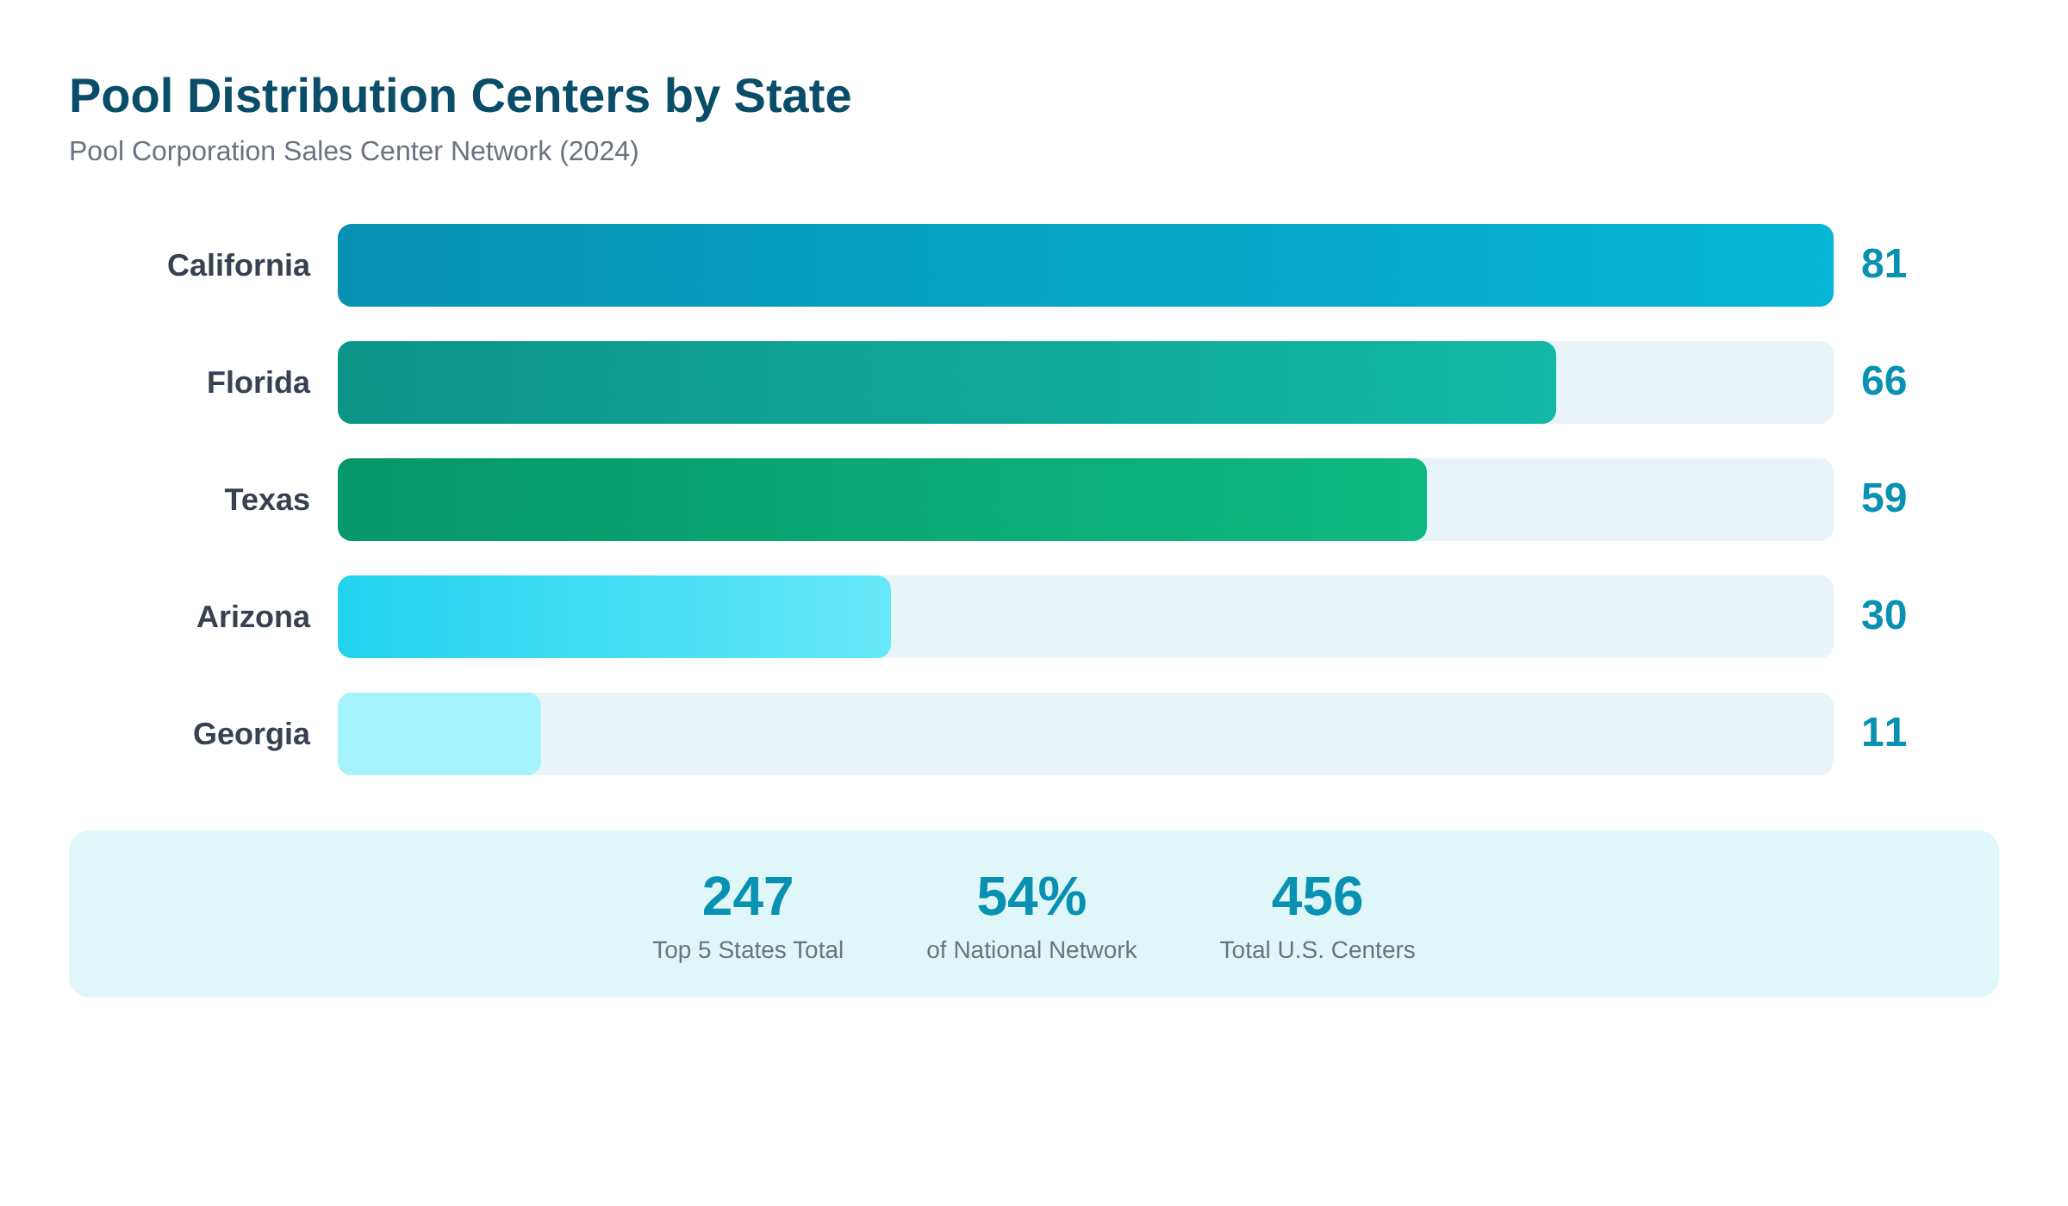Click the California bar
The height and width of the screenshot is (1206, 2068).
coord(1085,265)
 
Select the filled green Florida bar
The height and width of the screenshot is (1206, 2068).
coord(946,382)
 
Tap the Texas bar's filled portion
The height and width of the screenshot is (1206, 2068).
coord(881,500)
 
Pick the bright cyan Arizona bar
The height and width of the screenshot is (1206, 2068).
coord(614,617)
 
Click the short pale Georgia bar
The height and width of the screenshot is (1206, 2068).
coord(439,734)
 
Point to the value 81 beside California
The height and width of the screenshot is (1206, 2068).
coord(1884,264)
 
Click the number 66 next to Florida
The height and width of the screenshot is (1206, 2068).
coord(1884,382)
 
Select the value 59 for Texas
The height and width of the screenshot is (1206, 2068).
coord(1884,499)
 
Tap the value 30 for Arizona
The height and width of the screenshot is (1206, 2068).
coord(1884,616)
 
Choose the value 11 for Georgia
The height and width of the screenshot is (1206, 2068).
coord(1884,733)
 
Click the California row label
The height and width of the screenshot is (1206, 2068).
coord(239,265)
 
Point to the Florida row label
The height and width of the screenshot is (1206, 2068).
coord(258,382)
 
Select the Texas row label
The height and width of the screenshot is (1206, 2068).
coord(267,500)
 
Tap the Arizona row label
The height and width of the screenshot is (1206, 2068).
coord(253,617)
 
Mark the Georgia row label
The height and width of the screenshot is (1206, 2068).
coord(252,734)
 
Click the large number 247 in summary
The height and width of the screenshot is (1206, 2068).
coord(747,897)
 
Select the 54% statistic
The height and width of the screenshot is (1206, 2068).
coord(1031,897)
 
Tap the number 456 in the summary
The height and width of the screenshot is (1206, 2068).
coord(1317,897)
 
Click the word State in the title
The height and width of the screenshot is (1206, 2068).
coord(792,96)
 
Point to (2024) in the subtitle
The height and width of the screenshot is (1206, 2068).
coord(599,152)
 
